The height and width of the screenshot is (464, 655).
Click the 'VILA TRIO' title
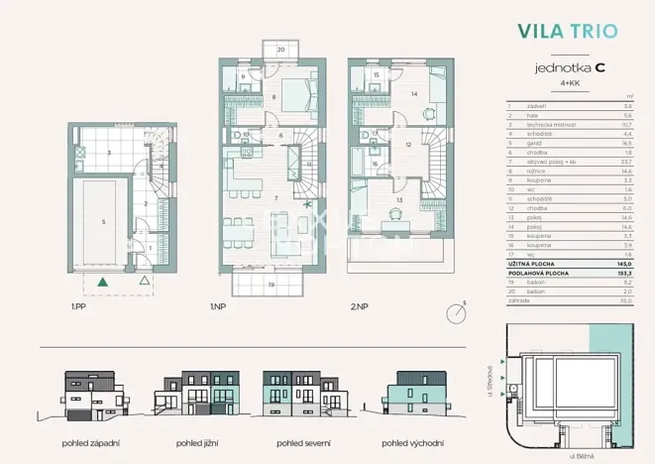tap(567, 31)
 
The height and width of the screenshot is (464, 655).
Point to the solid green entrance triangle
tap(101, 283)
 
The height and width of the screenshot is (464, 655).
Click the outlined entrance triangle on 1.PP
tap(146, 283)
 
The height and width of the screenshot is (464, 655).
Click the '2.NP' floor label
tap(358, 308)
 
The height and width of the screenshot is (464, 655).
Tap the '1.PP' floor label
tap(77, 308)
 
